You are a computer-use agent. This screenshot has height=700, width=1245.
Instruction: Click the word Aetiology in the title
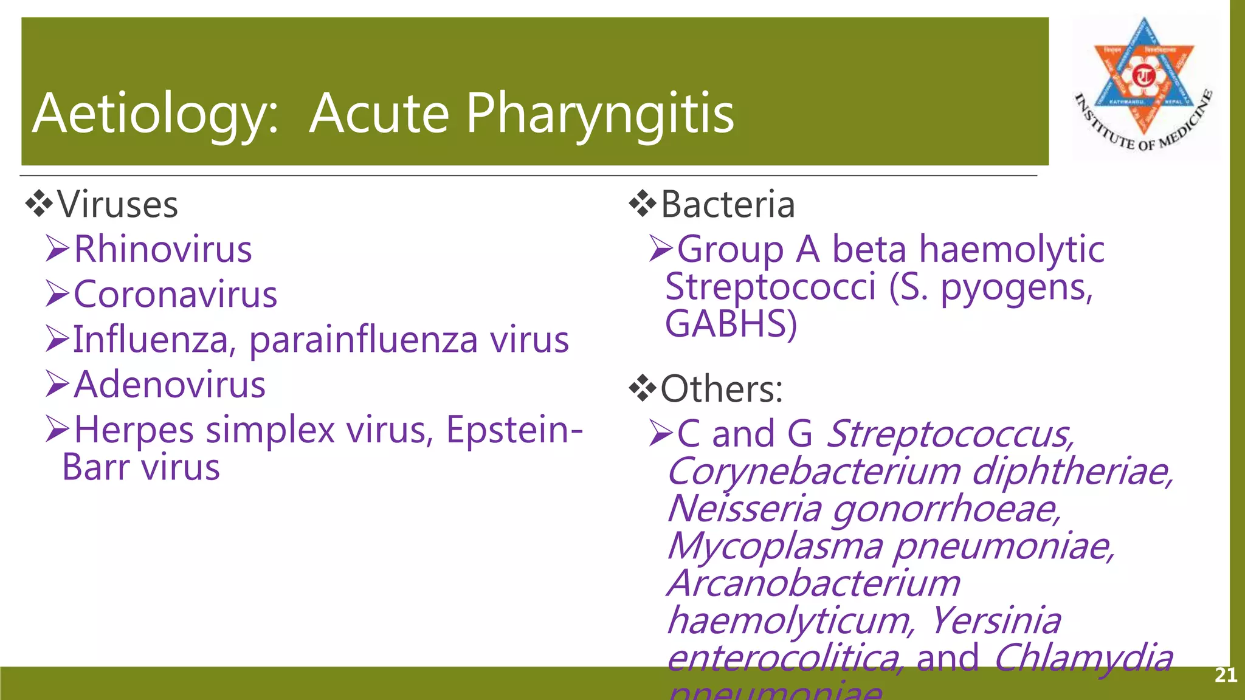[156, 114]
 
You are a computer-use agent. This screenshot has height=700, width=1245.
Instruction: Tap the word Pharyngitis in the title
[600, 114]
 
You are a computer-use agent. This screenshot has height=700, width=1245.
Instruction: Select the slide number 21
[1226, 675]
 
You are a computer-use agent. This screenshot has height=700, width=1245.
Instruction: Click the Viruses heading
[118, 205]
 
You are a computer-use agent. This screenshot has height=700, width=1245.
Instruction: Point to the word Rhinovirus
[163, 249]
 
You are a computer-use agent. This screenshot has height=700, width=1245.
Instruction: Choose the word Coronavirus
[176, 295]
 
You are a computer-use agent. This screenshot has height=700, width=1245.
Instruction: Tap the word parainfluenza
[364, 340]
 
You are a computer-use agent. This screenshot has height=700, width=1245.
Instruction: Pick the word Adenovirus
[170, 385]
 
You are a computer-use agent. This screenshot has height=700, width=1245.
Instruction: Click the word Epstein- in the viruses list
[514, 430]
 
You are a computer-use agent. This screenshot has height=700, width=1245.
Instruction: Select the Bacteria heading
[728, 205]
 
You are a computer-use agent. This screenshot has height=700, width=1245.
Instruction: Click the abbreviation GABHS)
[731, 324]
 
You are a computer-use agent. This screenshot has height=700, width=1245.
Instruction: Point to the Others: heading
[722, 389]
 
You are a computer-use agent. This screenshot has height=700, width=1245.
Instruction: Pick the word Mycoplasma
[775, 546]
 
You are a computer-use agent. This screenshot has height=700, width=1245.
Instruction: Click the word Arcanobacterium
[814, 583]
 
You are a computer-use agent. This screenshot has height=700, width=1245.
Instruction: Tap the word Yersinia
[996, 620]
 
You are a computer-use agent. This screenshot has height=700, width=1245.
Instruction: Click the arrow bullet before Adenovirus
[58, 385]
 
